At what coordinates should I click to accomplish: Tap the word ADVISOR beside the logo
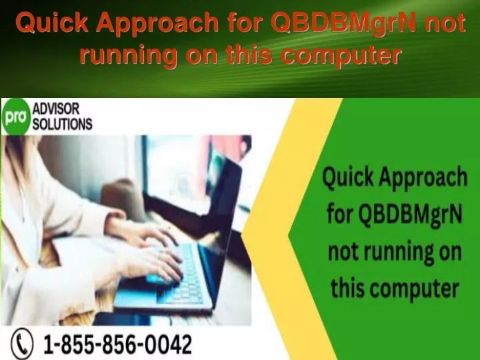pyautogui.click(x=56, y=109)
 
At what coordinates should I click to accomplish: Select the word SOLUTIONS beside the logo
pyautogui.click(x=63, y=124)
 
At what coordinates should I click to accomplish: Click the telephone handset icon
pyautogui.click(x=22, y=344)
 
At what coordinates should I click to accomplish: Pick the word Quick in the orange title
pyautogui.click(x=52, y=23)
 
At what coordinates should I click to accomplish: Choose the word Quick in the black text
pyautogui.click(x=348, y=177)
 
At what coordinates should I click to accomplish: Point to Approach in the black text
pyautogui.click(x=423, y=177)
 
